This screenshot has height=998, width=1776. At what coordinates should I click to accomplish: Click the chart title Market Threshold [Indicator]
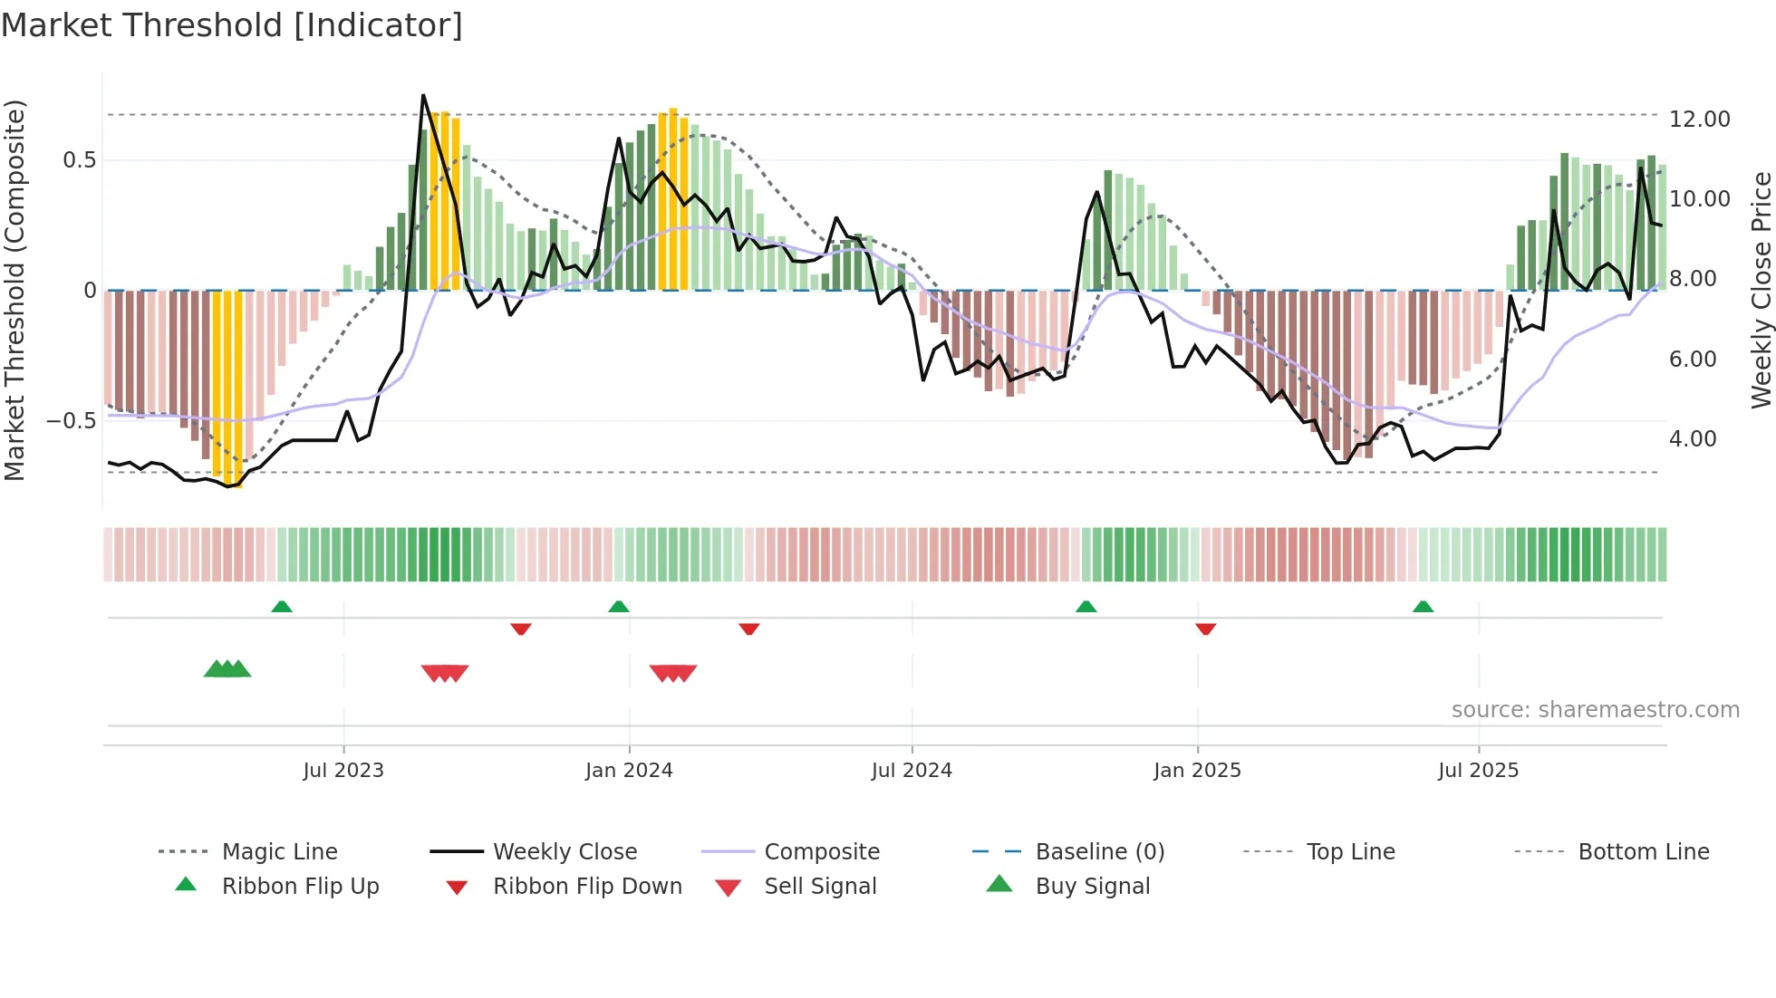(x=232, y=25)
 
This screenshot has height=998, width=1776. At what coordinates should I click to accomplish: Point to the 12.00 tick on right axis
(x=1699, y=120)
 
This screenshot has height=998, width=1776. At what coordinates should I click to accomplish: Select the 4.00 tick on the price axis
(x=1692, y=439)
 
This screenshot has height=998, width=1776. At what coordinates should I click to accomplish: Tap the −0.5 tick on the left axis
(x=71, y=421)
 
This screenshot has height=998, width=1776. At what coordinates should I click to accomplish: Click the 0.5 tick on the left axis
(x=79, y=160)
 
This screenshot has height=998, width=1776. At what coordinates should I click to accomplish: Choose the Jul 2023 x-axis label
(x=343, y=771)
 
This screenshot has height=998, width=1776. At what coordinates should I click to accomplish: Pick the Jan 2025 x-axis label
(x=1197, y=771)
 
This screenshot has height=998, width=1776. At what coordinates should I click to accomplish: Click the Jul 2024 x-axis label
(x=912, y=771)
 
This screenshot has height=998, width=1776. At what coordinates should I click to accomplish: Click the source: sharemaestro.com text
(x=1595, y=710)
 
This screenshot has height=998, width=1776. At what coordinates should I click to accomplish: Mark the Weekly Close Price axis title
(x=1761, y=290)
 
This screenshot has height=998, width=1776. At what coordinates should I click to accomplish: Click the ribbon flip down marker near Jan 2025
(x=1205, y=629)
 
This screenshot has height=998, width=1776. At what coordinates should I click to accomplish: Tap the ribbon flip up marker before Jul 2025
(x=1423, y=607)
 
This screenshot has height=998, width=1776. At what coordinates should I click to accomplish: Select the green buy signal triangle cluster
(x=227, y=669)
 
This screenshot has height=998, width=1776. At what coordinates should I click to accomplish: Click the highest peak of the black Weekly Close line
(x=423, y=95)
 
